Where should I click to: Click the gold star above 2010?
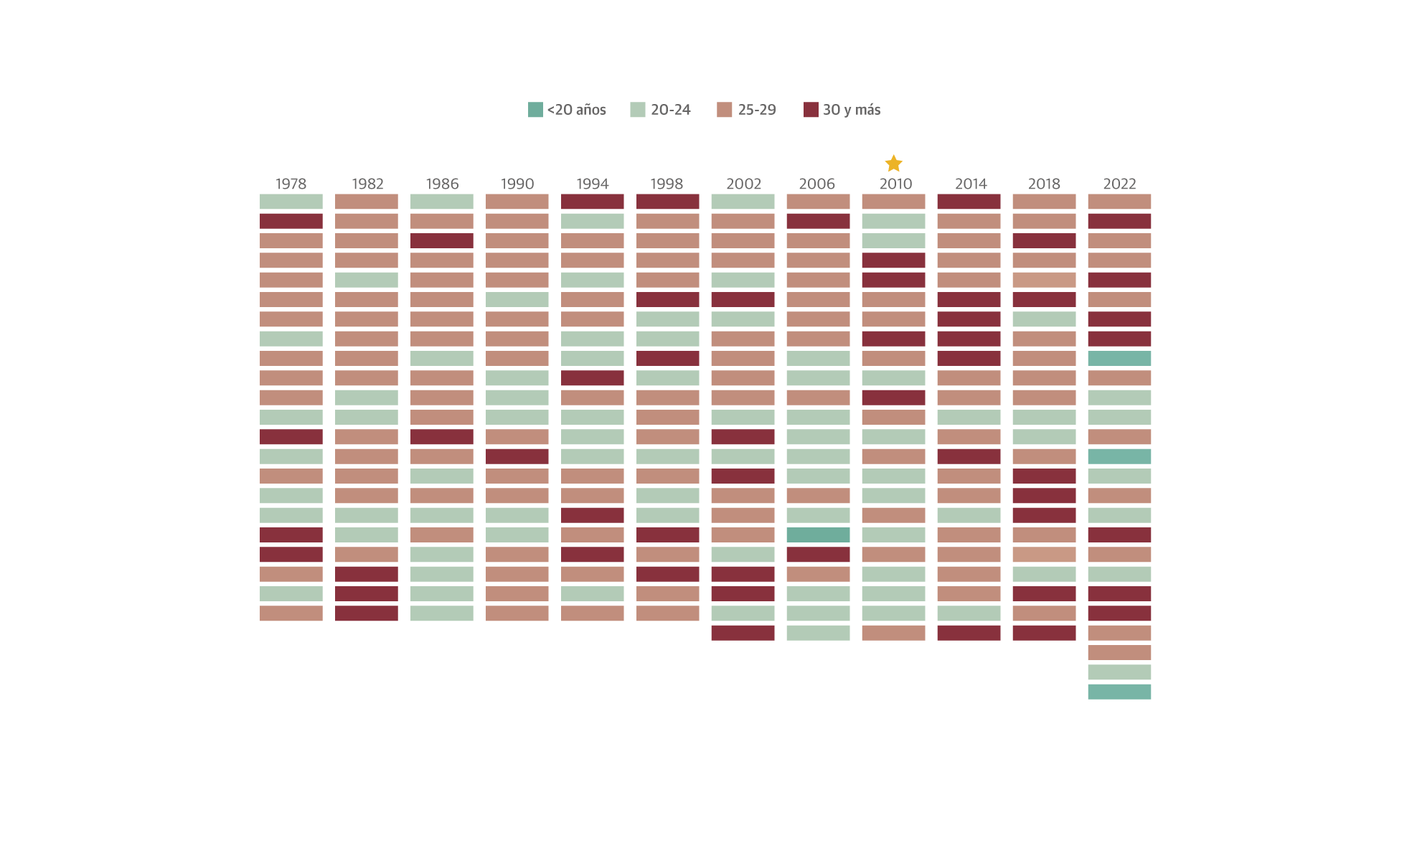(893, 164)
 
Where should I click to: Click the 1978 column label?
(291, 184)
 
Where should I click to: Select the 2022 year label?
(1119, 184)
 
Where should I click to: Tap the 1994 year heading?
(592, 184)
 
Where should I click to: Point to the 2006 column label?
(817, 184)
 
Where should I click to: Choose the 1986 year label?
(442, 184)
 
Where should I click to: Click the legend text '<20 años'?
(576, 110)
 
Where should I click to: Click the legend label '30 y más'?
(851, 110)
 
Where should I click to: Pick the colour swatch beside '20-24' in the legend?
(638, 110)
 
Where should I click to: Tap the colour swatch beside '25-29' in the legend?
(724, 110)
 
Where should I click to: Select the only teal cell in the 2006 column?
(818, 535)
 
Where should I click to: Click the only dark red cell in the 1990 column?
(517, 456)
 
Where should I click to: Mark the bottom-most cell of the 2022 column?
(1119, 692)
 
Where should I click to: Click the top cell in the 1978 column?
(291, 202)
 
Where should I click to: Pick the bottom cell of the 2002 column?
(743, 633)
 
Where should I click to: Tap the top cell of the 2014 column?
(969, 202)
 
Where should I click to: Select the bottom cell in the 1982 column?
(366, 613)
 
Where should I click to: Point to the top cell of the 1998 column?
(667, 202)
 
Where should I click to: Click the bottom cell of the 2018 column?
(1044, 633)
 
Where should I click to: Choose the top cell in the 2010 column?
(893, 202)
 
